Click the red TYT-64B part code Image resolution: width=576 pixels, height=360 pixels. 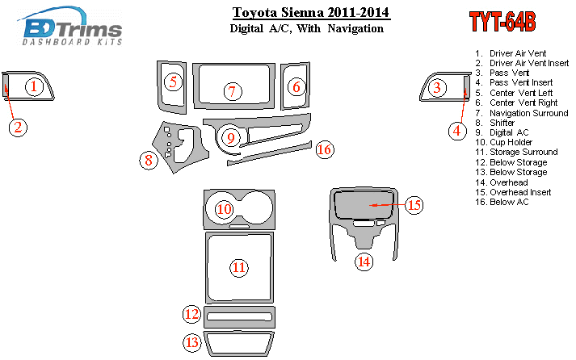(x=502, y=22)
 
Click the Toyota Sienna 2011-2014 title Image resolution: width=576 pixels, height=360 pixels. (x=311, y=12)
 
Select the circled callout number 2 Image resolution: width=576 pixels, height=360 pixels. (x=18, y=128)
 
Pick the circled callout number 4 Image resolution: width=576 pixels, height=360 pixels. (x=457, y=131)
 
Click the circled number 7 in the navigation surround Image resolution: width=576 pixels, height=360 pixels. (x=233, y=91)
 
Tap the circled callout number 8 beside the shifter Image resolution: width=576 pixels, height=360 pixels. (x=149, y=161)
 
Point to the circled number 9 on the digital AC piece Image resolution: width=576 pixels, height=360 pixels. (x=231, y=138)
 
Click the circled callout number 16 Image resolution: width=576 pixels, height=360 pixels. (x=325, y=149)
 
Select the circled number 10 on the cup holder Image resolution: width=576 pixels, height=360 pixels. (x=224, y=209)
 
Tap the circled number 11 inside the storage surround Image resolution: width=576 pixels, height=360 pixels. (x=239, y=267)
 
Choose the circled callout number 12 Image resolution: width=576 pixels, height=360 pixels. (x=191, y=314)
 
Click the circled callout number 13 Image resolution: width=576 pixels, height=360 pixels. (x=192, y=342)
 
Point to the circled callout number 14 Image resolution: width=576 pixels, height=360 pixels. (x=364, y=262)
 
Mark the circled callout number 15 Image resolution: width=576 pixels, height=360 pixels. (x=414, y=205)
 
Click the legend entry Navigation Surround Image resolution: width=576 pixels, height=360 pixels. (x=522, y=113)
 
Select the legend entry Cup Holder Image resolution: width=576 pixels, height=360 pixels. (x=503, y=142)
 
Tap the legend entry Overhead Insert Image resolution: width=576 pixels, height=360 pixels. (x=513, y=192)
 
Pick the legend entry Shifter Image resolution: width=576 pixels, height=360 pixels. (x=495, y=123)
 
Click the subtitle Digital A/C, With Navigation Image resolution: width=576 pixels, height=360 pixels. (x=307, y=28)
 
